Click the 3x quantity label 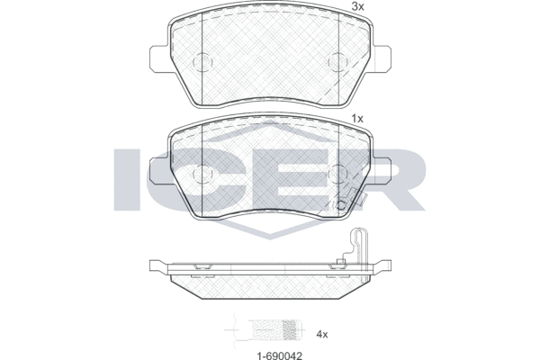(x=358, y=6)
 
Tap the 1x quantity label (x=356, y=118)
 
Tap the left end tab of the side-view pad (x=155, y=268)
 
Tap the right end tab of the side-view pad (x=385, y=268)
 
